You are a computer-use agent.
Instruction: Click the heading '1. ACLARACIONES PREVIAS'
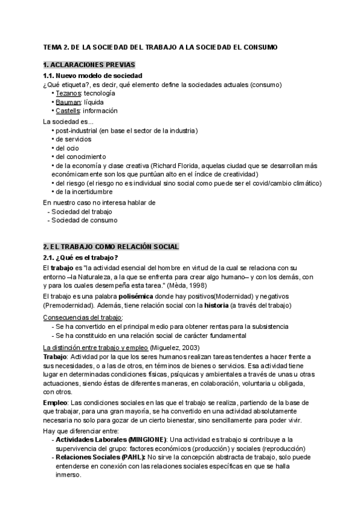[x=89, y=64]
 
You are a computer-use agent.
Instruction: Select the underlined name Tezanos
[x=68, y=94]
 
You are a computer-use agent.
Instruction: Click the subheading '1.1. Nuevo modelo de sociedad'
[x=92, y=76]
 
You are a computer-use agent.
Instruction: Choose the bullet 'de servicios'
[x=73, y=139]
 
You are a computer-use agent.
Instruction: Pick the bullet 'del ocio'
[x=67, y=148]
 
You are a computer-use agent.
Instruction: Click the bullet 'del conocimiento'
[x=79, y=157]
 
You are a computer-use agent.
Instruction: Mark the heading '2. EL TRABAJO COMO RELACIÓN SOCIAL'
[x=111, y=247]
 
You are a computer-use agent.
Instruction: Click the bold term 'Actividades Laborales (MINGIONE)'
[x=111, y=440]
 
